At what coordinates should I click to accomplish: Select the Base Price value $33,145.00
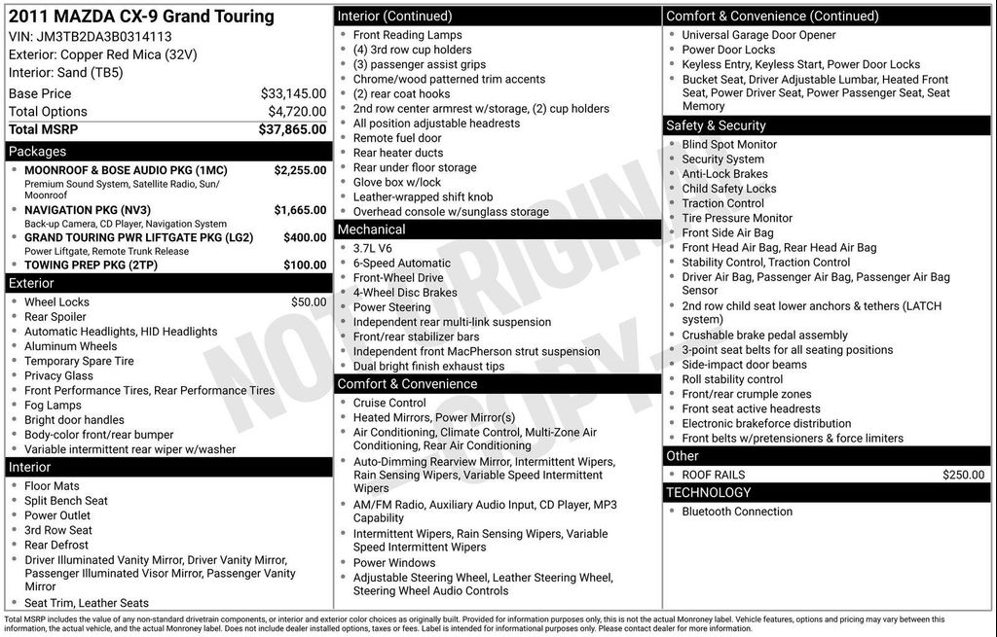pos(293,93)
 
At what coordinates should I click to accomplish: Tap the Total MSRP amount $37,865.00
pos(292,129)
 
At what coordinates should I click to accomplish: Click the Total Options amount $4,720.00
pos(296,112)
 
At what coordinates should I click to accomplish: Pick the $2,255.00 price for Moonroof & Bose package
pos(300,170)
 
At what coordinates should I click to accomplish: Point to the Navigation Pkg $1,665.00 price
pos(300,210)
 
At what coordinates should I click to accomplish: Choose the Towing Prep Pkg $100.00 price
pos(305,265)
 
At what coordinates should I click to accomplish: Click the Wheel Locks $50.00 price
pos(309,302)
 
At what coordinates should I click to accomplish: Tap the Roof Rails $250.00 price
pos(963,475)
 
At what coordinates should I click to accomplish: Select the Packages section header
pos(38,152)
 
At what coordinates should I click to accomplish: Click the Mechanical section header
pos(371,230)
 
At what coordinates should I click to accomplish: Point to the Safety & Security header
pos(716,125)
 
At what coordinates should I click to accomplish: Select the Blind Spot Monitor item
pos(729,145)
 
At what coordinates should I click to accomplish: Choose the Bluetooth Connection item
pos(737,512)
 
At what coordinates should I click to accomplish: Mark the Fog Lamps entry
pos(53,406)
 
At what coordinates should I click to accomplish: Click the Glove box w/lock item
pos(396,182)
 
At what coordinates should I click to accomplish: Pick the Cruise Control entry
pos(389,403)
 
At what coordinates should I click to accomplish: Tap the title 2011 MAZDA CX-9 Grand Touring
pos(141,17)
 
